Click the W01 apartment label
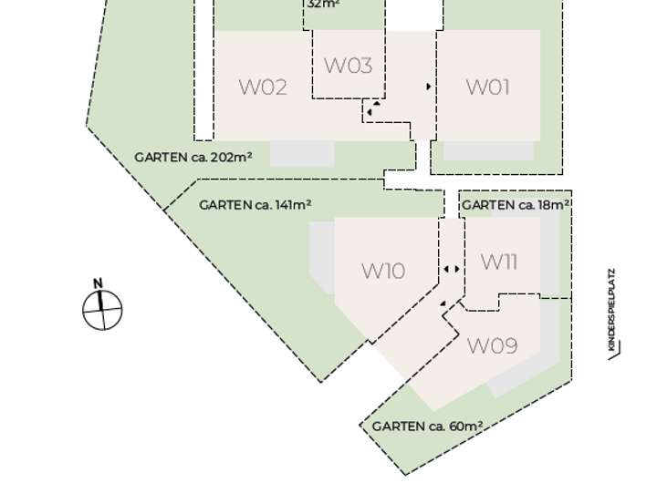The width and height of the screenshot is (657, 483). [x=487, y=87]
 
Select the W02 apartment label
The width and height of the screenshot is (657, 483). [x=263, y=87]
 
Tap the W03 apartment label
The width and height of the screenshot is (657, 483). [x=348, y=66]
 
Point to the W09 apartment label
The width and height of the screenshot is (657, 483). [x=492, y=346]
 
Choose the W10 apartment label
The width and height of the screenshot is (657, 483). [x=383, y=271]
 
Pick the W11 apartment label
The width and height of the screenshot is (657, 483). [x=499, y=262]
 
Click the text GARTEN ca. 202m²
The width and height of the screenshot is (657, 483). [x=193, y=157]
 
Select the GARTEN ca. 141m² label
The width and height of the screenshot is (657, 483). [x=255, y=205]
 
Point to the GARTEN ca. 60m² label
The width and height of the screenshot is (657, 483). [x=427, y=426]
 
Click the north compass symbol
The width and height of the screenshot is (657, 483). [x=102, y=309]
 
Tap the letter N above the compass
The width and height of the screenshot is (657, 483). [x=99, y=283]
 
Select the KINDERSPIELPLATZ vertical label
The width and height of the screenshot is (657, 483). [x=611, y=310]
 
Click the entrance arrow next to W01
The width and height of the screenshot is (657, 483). [x=429, y=87]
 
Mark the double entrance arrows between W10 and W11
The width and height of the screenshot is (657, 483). [x=452, y=270]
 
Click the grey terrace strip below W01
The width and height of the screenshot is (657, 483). [x=487, y=151]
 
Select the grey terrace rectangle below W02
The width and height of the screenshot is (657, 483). [x=302, y=153]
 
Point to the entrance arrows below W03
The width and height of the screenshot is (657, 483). [x=371, y=110]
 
